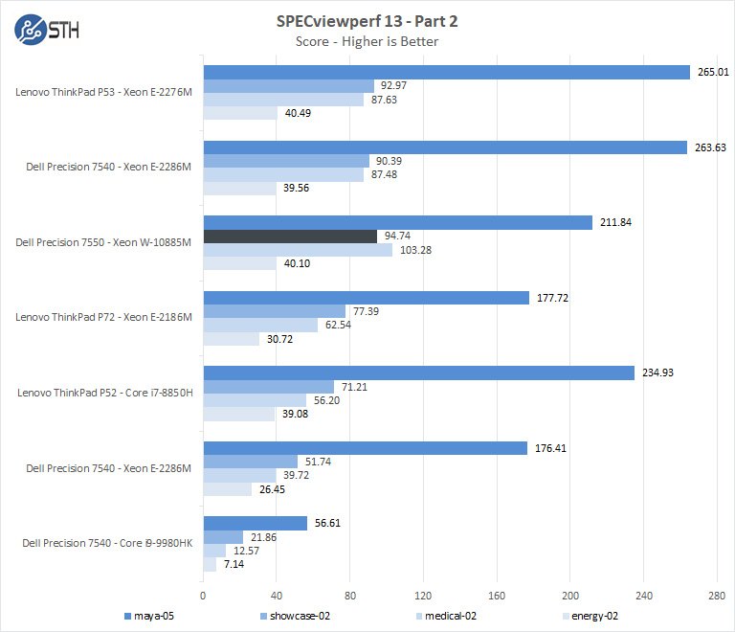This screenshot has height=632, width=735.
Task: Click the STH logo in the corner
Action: coord(47,30)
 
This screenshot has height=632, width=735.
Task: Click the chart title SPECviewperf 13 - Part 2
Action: coord(368,21)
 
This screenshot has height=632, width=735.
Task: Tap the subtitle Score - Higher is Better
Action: coord(368,41)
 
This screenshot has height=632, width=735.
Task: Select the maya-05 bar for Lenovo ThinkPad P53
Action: coord(446,72)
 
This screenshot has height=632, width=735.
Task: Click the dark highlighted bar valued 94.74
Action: coord(290,236)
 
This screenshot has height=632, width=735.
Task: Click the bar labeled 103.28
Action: coord(298,250)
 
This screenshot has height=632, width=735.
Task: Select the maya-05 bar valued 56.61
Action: coord(255,523)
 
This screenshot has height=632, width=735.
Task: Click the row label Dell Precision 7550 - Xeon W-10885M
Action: coord(104,242)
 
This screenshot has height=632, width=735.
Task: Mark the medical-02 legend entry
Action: coord(451,615)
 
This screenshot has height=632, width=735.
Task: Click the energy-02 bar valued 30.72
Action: coord(231,339)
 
